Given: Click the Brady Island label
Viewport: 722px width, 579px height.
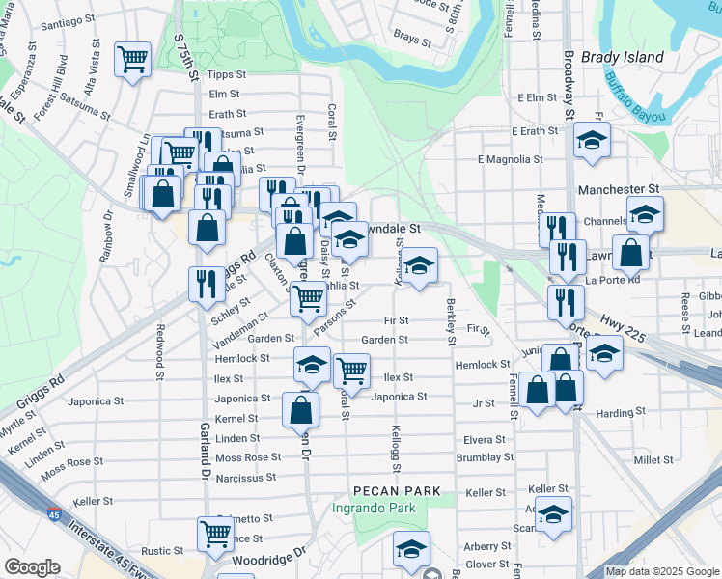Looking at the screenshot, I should (x=623, y=57).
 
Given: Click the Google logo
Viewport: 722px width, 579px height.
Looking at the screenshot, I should (x=32, y=567).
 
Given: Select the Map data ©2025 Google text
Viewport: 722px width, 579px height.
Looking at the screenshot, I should (x=661, y=571).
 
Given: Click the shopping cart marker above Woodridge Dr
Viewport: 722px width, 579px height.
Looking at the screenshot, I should (x=214, y=532).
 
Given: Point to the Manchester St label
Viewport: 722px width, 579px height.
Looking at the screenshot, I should (x=618, y=190).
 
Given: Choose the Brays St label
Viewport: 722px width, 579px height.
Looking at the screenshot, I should (x=412, y=39).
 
